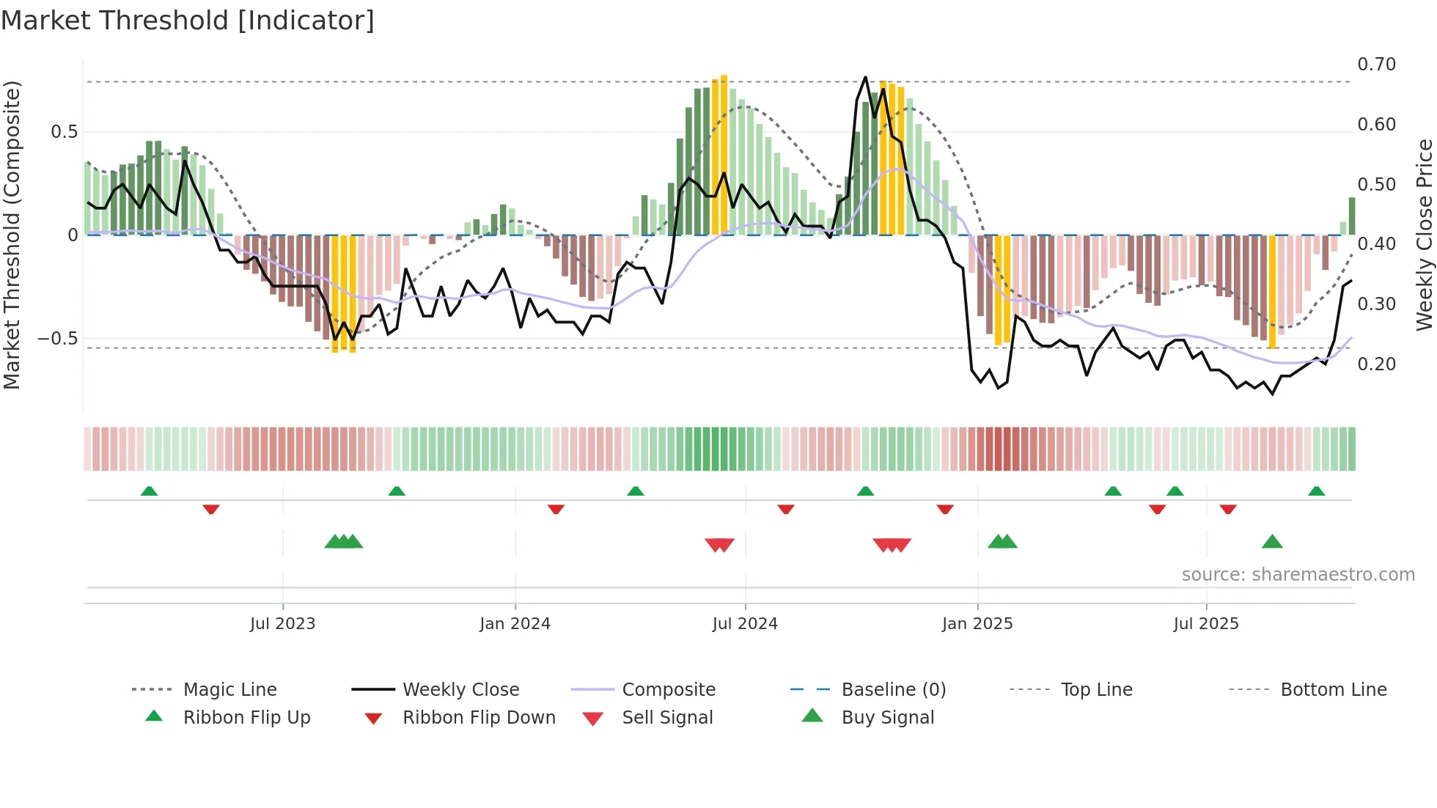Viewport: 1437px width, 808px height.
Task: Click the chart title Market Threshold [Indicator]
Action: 188,21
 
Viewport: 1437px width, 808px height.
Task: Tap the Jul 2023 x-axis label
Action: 282,624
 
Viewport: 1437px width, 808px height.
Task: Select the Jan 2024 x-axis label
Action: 515,624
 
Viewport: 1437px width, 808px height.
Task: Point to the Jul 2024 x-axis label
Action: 745,624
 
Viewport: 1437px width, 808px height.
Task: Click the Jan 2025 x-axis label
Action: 977,624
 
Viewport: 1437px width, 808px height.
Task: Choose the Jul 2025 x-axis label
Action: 1206,624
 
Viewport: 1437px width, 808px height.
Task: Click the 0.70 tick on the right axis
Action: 1376,65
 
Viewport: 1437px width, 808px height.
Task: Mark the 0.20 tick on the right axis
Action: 1376,364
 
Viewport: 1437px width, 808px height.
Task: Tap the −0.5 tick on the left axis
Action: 57,339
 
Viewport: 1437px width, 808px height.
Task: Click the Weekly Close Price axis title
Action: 1424,235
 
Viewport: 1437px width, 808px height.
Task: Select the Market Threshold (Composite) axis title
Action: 12,235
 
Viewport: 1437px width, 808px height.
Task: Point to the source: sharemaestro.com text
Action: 1298,575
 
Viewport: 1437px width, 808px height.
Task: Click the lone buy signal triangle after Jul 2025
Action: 1272,543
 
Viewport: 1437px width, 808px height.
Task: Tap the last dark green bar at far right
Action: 1352,216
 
